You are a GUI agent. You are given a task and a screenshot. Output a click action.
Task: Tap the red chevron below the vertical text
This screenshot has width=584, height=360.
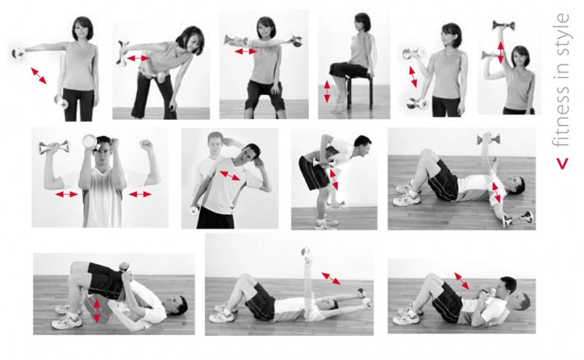tap(562, 164)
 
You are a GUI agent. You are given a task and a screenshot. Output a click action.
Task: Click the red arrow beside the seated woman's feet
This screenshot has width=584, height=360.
tap(326, 92)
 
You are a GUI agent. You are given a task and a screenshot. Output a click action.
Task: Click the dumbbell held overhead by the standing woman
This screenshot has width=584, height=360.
tap(504, 26)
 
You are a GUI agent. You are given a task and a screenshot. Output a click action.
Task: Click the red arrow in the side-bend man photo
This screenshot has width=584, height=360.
tap(230, 175)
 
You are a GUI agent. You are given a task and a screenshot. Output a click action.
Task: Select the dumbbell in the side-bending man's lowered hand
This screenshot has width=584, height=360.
tap(194, 211)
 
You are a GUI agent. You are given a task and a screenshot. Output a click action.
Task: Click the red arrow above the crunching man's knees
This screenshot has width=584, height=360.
tap(462, 281)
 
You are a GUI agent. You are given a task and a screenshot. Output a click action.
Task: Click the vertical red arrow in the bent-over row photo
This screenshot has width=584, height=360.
tap(334, 179)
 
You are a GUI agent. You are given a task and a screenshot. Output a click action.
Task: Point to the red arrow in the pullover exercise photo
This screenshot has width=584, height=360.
tap(331, 278)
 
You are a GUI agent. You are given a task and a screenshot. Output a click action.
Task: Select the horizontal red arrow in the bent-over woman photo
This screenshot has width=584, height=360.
tap(138, 58)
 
